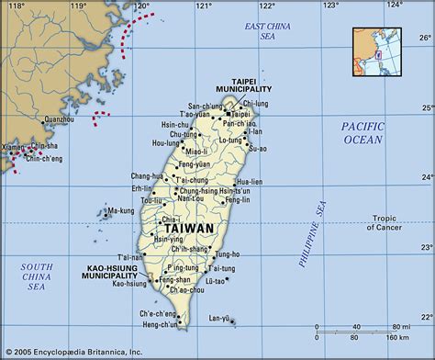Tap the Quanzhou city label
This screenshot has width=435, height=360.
[x=59, y=118]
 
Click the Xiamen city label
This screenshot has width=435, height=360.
[x=16, y=146]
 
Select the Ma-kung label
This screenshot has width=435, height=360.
[x=120, y=210]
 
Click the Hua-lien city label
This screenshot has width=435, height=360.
[x=251, y=169]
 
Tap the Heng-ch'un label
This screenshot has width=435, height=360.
[x=160, y=324]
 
